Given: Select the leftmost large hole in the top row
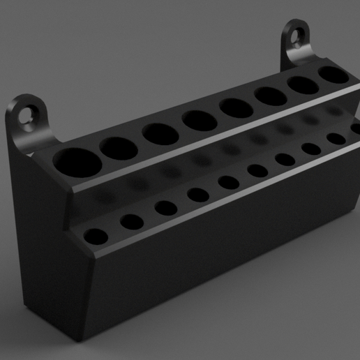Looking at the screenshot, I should (x=77, y=161).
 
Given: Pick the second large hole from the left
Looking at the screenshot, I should (x=119, y=147).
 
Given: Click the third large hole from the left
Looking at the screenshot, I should (x=160, y=133).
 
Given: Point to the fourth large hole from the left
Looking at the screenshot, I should (x=200, y=120).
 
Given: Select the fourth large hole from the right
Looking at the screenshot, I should (x=236, y=108).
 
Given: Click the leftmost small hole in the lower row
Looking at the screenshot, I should (x=96, y=236).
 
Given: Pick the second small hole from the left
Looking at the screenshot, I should (x=132, y=223).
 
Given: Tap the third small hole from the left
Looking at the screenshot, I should (x=166, y=208).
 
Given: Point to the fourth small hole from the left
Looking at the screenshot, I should (x=198, y=195).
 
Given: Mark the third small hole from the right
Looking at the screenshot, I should (x=285, y=159).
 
